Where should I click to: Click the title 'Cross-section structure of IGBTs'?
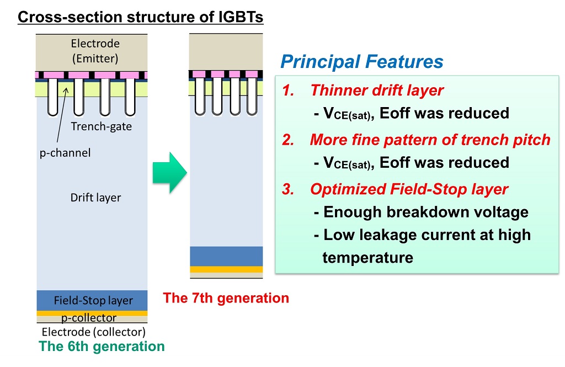(x=141, y=17)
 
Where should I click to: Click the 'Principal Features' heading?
(x=362, y=61)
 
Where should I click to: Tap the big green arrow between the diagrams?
(x=170, y=173)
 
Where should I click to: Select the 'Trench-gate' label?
(x=102, y=126)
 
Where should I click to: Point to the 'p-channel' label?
(x=65, y=153)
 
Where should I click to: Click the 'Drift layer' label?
(x=95, y=198)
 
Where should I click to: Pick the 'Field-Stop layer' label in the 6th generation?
(x=93, y=300)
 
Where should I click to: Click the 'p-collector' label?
(x=89, y=318)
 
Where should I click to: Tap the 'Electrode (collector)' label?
(x=94, y=332)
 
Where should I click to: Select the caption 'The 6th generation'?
(x=102, y=346)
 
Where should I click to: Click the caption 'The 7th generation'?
(x=226, y=298)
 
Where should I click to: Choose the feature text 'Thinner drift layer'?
(x=377, y=90)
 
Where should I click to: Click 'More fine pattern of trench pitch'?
(x=430, y=140)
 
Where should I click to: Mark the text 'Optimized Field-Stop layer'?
(x=409, y=189)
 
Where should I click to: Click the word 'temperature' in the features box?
(x=368, y=258)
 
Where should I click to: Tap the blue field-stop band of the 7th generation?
(x=226, y=256)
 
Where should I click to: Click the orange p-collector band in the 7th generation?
(x=226, y=269)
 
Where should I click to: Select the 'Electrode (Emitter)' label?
(x=95, y=51)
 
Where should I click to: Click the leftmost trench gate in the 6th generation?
(x=52, y=97)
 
